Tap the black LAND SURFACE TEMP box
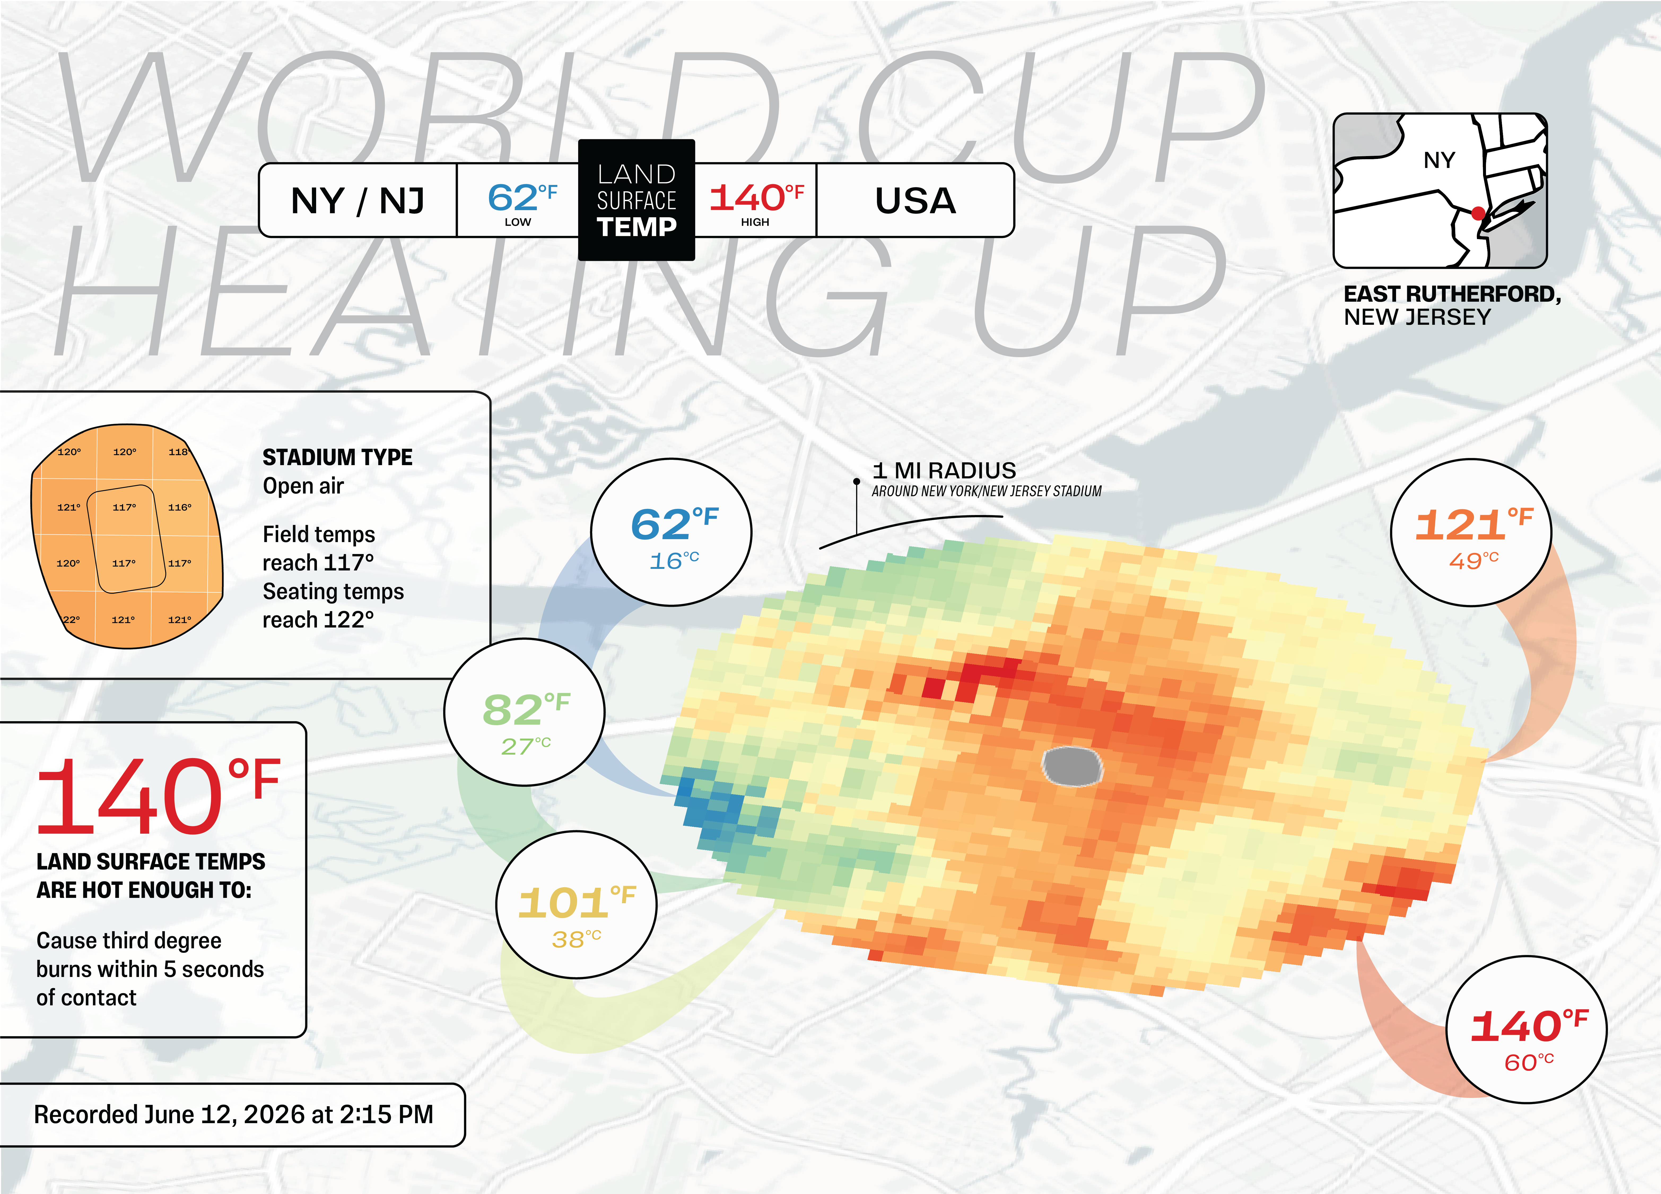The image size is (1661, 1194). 637,200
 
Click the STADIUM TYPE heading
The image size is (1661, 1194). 338,457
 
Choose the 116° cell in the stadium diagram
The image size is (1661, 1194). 180,507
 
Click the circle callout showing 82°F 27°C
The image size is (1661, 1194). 524,712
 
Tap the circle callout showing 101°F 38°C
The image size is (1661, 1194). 576,905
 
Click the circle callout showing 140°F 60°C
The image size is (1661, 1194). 1527,1029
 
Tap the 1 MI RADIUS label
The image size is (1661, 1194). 944,470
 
